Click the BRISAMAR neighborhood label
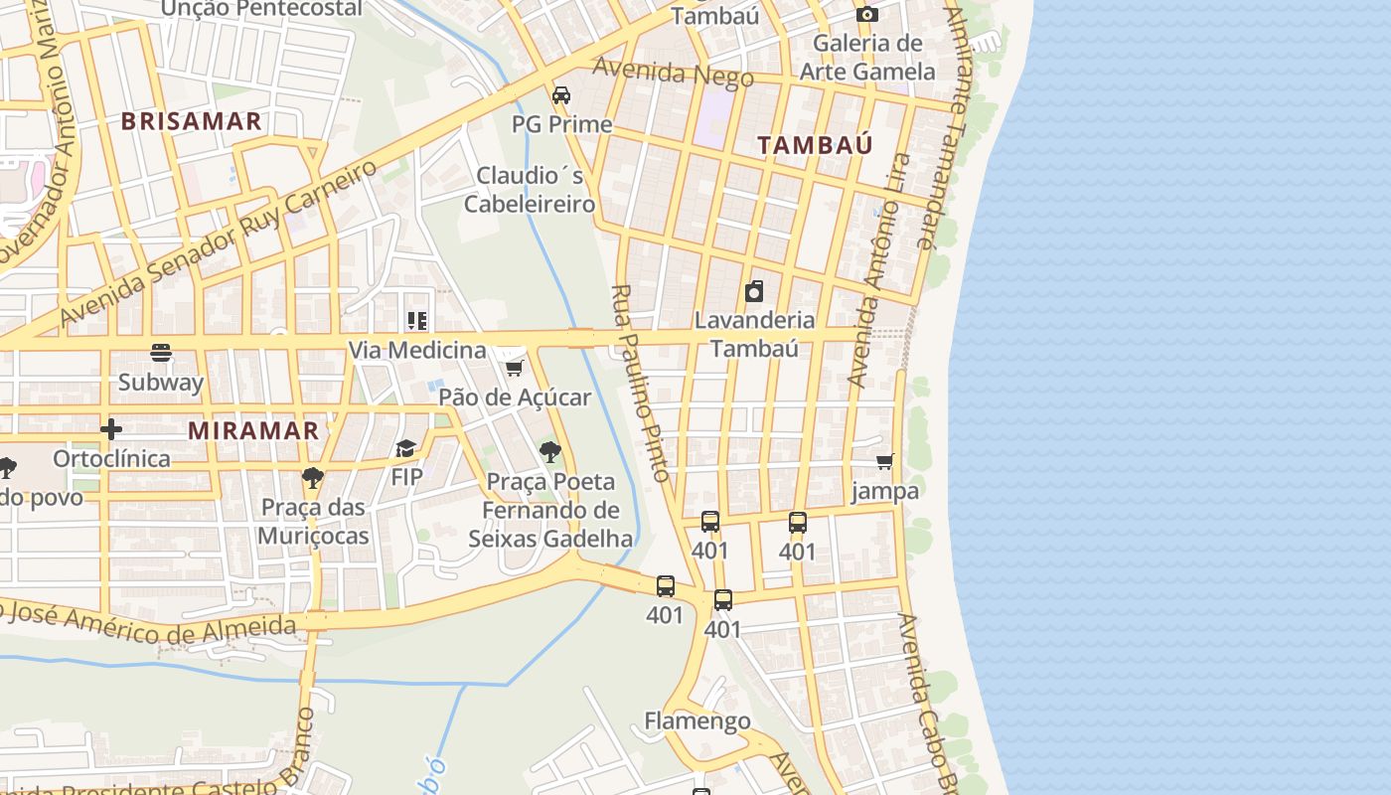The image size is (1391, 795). (191, 121)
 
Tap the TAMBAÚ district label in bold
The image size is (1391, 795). (815, 145)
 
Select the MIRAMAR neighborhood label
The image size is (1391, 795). (253, 430)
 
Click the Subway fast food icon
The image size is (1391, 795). (161, 353)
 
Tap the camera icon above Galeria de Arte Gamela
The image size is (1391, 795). (866, 14)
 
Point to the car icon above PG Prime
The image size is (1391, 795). (561, 95)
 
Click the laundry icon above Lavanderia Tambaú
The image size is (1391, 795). (754, 291)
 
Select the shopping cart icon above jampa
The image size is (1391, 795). (884, 461)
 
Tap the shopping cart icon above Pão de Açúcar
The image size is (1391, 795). (514, 369)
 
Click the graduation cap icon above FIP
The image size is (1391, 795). (405, 448)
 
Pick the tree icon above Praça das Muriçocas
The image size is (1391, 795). (313, 477)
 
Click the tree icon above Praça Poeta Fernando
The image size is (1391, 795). (549, 452)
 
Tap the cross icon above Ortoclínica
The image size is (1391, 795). (111, 429)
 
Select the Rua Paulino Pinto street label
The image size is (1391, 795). (642, 384)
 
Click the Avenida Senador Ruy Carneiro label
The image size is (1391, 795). (219, 243)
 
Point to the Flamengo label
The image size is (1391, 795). (696, 720)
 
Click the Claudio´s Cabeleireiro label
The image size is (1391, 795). (530, 190)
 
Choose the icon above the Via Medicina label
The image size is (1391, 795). (416, 321)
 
